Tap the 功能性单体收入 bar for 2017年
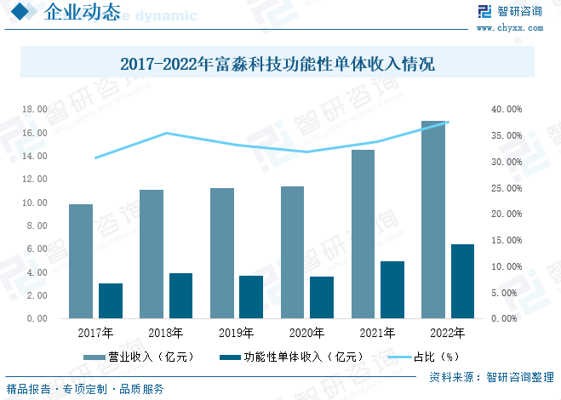point(111,300)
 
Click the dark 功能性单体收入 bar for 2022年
point(462,281)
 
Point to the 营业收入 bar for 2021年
point(363,234)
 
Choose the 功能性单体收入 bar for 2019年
point(251,297)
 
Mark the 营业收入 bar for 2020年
point(292,252)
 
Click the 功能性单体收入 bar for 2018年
point(180,295)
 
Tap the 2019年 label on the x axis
point(236,332)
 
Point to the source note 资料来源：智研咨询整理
point(491,377)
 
